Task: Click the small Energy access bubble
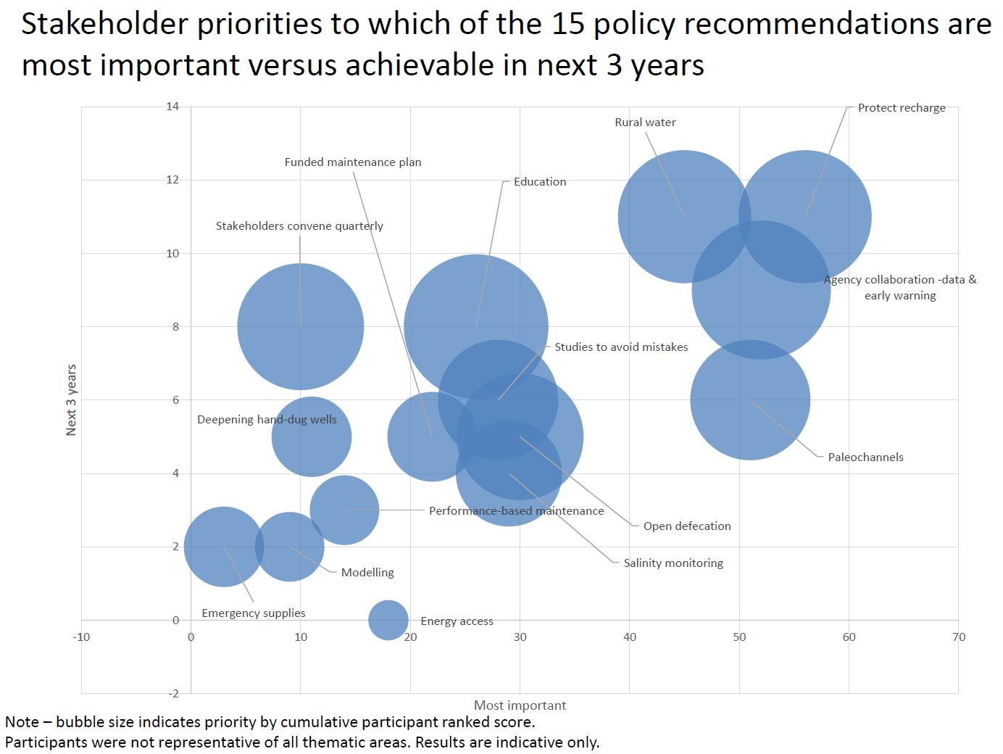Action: point(388,620)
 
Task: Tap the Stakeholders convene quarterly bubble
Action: point(300,327)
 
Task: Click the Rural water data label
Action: point(645,123)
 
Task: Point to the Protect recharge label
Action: point(902,108)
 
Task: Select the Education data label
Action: point(540,182)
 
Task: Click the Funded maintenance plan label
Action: point(353,162)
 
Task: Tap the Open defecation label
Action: point(687,526)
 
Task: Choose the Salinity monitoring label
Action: point(673,563)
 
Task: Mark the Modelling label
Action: point(367,573)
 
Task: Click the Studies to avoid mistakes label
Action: point(621,347)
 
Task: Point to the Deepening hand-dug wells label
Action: point(267,420)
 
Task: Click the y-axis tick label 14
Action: point(172,107)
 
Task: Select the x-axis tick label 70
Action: point(959,637)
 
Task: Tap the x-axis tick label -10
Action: point(81,637)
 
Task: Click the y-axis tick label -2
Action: point(173,694)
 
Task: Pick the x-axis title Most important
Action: point(520,705)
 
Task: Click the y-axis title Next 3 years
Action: point(71,400)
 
